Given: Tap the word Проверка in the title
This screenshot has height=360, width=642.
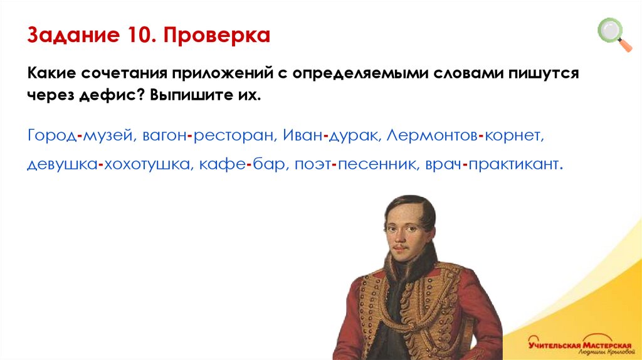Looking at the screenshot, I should [217, 35].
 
